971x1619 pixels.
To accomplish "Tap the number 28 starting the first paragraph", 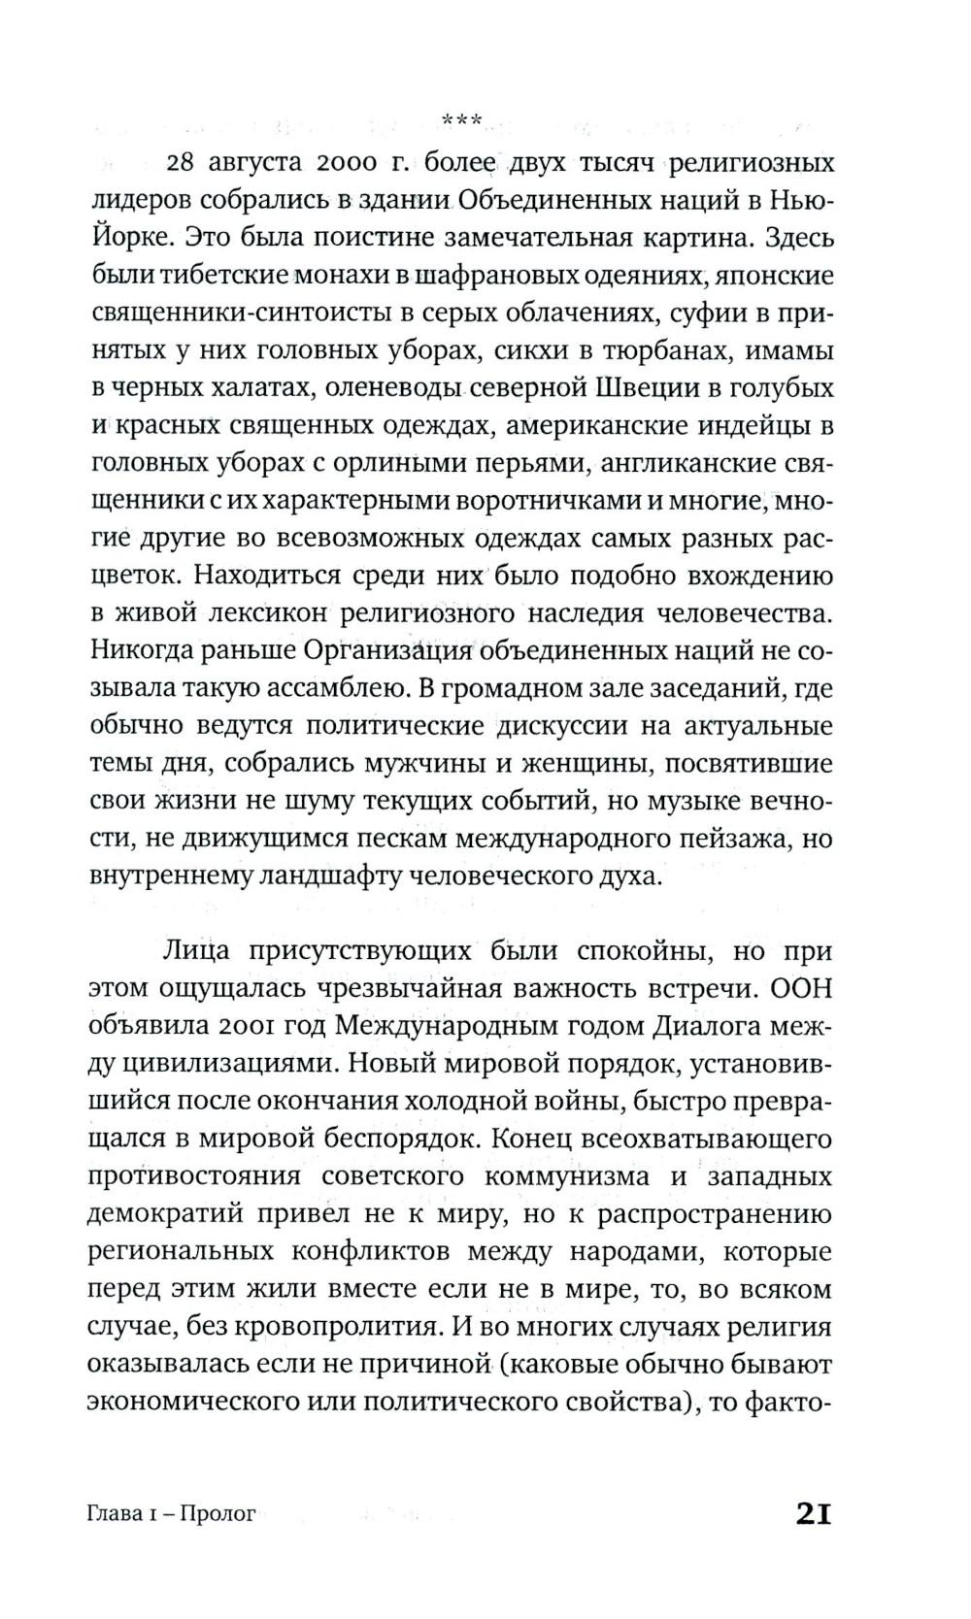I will click(x=184, y=161).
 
